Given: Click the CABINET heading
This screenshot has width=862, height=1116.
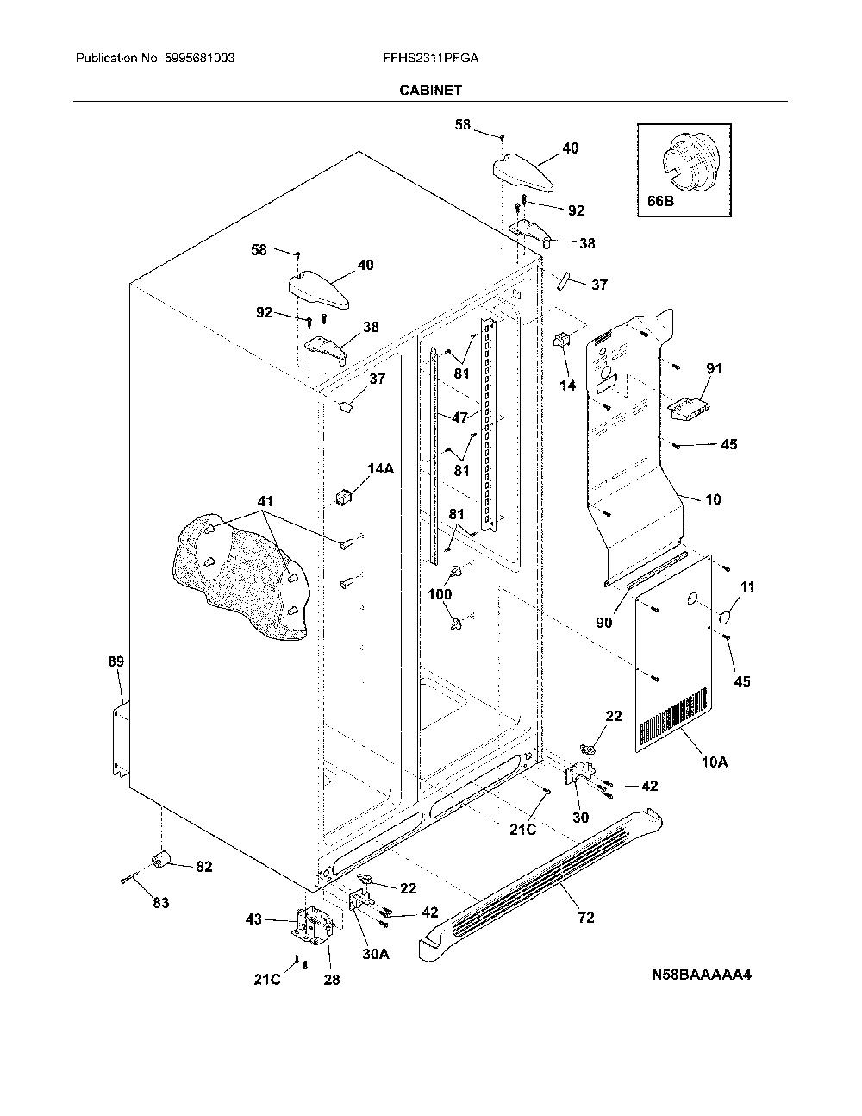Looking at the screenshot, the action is [430, 91].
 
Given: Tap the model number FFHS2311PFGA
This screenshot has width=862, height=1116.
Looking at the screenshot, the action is [430, 58].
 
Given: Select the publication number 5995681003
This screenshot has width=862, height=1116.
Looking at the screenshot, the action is [199, 58].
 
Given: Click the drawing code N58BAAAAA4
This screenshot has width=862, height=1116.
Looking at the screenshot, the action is [702, 975].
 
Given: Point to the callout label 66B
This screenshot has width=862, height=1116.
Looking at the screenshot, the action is [660, 201].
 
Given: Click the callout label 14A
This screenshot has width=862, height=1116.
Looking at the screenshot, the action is [381, 468].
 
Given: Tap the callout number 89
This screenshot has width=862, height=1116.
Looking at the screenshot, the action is [116, 661].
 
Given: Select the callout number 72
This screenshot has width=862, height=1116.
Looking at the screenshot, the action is [586, 918].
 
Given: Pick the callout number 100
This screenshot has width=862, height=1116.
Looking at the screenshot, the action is [440, 594].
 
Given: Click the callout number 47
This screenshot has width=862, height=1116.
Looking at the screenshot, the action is [459, 417].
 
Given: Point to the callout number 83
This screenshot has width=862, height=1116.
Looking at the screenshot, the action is [161, 903].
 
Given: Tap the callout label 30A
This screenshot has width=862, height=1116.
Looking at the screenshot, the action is [376, 954].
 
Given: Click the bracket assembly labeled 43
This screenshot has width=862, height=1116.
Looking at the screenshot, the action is [311, 924].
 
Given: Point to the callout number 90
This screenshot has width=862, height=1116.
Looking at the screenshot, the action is [604, 623].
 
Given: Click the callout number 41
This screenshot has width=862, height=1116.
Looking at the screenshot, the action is [265, 501].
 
